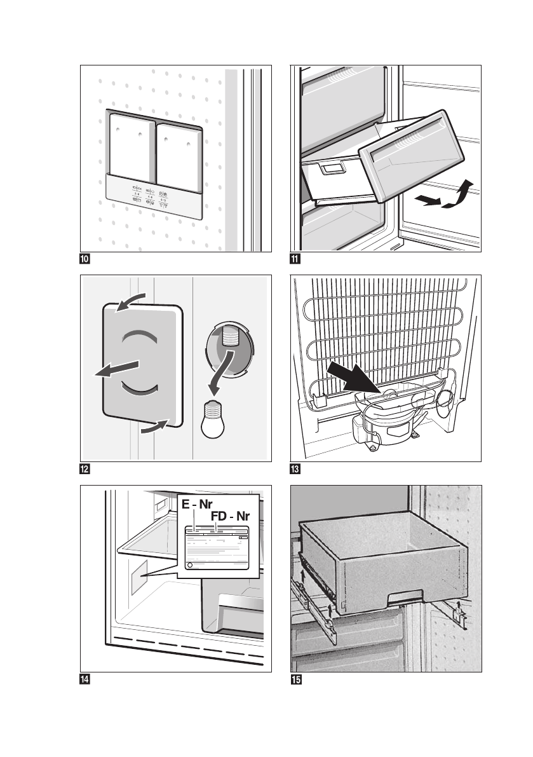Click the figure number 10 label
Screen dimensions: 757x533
coord(84,259)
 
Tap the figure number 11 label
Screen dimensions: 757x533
coord(294,259)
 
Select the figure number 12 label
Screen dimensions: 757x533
coord(84,469)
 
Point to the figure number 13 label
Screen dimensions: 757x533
coord(294,469)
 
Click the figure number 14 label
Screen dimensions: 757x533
coord(84,679)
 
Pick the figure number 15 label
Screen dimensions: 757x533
coord(294,679)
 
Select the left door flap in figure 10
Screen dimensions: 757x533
coord(130,147)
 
